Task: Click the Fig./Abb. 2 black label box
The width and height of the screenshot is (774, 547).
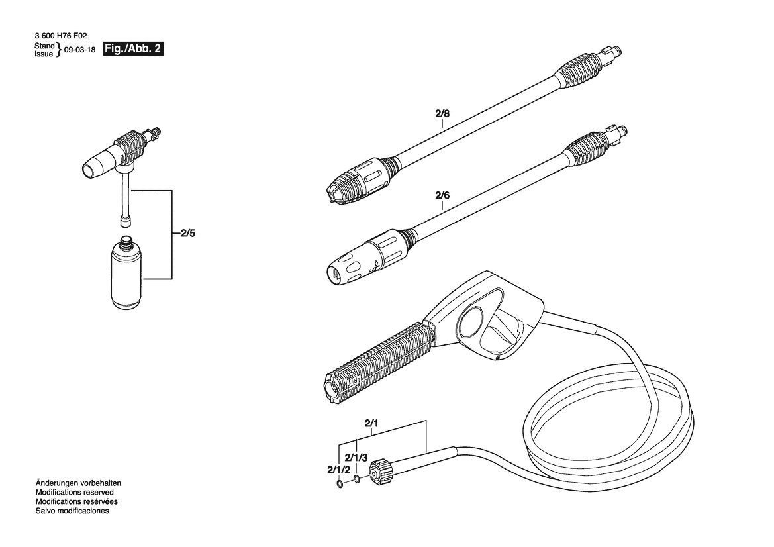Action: [x=133, y=49]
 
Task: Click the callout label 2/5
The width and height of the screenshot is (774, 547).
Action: [x=188, y=234]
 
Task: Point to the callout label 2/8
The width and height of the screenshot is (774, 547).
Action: [x=442, y=113]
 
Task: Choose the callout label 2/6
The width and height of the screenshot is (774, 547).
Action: [x=442, y=195]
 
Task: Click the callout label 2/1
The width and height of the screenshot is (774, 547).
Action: [x=371, y=423]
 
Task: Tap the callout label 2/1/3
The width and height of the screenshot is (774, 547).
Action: [x=356, y=458]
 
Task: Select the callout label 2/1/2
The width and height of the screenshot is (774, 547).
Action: [x=338, y=470]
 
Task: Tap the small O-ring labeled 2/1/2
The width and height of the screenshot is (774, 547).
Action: [x=340, y=484]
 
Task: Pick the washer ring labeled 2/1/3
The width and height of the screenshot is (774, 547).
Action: [x=357, y=479]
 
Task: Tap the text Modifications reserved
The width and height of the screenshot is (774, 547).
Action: [x=75, y=492]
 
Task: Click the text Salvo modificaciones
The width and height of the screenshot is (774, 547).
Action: [x=72, y=511]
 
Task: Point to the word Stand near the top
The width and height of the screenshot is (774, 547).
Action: [x=44, y=46]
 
